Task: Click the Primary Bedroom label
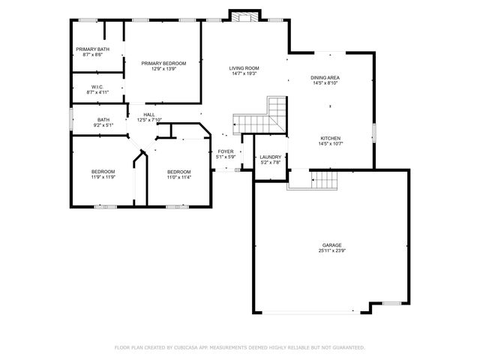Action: (163, 63)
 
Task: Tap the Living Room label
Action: (244, 68)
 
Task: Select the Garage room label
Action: (332, 245)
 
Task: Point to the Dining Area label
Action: (326, 77)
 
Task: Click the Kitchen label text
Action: (331, 138)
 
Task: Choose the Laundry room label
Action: (270, 157)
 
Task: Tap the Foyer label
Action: (226, 151)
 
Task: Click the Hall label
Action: (149, 115)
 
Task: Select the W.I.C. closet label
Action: (97, 87)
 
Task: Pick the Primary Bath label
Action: (93, 49)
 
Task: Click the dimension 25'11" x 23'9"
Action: (332, 251)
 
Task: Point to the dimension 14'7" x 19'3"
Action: (244, 73)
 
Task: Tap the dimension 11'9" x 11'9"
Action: (103, 177)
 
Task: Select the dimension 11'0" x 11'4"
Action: (179, 177)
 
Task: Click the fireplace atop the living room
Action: (244, 16)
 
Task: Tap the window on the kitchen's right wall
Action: (373, 135)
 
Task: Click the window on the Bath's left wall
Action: (71, 120)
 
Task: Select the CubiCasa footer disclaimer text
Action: (239, 347)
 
